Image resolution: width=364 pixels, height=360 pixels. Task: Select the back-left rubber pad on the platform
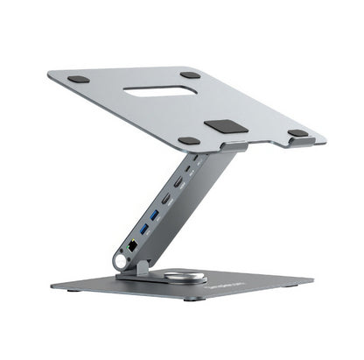(x=79, y=79)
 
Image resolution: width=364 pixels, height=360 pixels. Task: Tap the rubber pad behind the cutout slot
(x=190, y=75)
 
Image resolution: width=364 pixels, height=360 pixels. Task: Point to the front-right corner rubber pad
(x=298, y=133)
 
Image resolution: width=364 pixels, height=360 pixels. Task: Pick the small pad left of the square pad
(x=189, y=140)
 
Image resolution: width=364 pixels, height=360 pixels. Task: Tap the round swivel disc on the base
(x=190, y=278)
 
